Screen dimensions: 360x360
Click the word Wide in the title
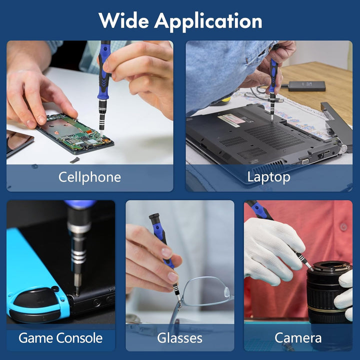coord(123,21)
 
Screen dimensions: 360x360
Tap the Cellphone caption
coord(89,177)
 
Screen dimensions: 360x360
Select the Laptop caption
coord(268,177)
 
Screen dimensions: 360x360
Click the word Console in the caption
coord(79,338)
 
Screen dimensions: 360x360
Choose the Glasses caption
coord(180,338)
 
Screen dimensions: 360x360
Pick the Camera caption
coord(298,338)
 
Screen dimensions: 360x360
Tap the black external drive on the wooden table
coord(306,86)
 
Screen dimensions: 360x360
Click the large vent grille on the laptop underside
coord(273,136)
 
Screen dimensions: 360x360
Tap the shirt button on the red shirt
coord(343,227)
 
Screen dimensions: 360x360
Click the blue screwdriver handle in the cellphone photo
coord(104,71)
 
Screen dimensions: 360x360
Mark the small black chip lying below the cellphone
coord(75,160)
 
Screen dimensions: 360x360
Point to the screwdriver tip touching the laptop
coord(272,119)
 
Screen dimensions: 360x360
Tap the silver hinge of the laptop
coord(343,149)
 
